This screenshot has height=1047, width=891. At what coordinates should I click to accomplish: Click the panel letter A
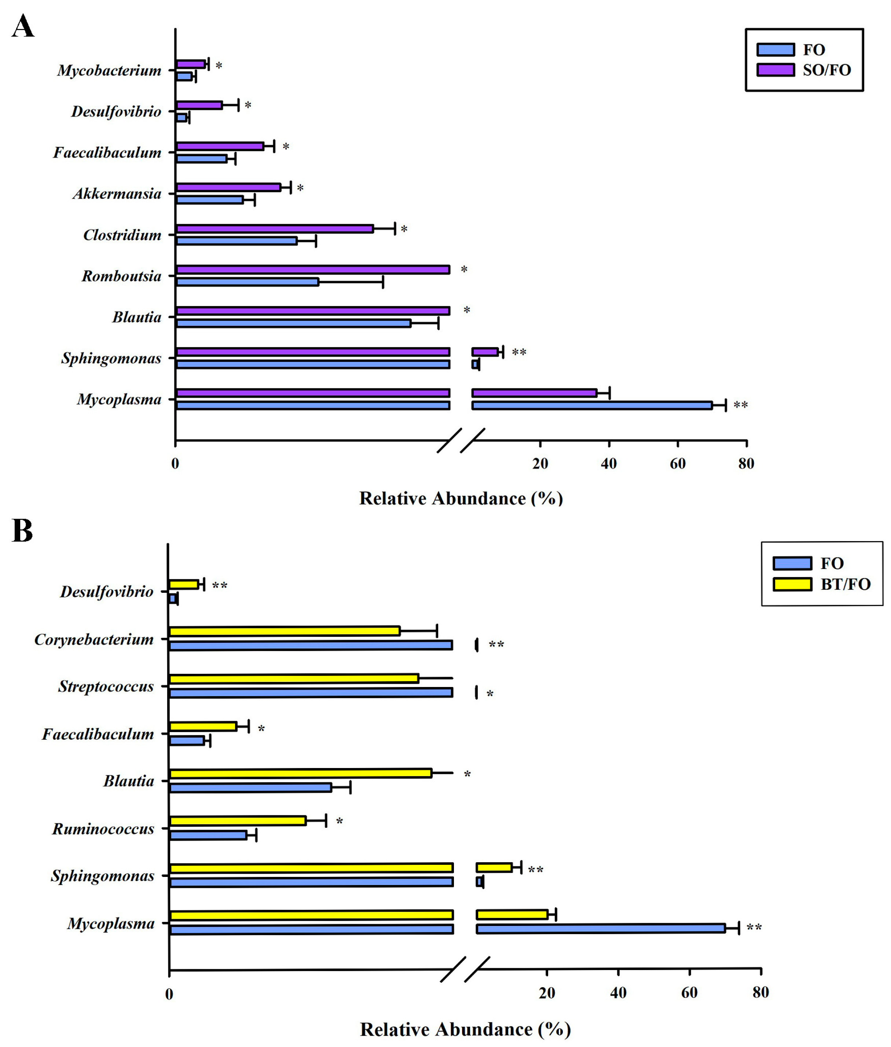tap(23, 26)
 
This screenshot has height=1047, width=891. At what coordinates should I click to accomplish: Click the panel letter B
tap(22, 531)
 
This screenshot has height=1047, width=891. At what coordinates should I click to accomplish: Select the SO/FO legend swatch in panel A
tap(775, 70)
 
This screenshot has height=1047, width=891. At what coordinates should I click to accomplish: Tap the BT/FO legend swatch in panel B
tap(792, 584)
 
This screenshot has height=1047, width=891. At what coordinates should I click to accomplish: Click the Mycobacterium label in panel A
tap(109, 70)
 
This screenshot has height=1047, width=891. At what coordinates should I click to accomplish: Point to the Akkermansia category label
tap(117, 194)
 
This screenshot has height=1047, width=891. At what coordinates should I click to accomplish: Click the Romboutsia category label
tap(121, 276)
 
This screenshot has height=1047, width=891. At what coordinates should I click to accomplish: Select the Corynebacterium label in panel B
tap(94, 639)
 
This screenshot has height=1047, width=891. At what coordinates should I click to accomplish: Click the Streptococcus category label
tap(106, 686)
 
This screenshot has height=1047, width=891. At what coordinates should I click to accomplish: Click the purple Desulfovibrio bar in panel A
tap(199, 105)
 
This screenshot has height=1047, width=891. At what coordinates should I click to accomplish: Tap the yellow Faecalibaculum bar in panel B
tap(203, 726)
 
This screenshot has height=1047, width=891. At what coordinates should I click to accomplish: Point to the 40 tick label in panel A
tap(609, 463)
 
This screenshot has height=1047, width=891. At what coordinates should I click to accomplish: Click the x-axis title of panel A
tap(461, 499)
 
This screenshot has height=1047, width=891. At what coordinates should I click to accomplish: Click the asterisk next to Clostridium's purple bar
tap(404, 229)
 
